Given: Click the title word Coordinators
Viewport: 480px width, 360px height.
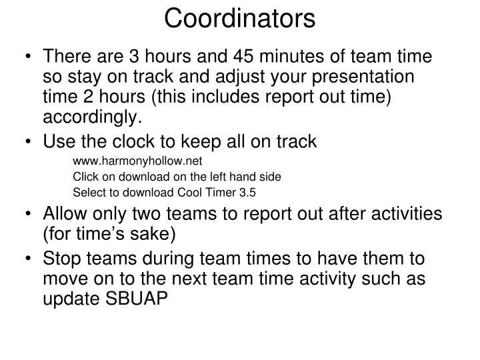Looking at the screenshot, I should (240, 18).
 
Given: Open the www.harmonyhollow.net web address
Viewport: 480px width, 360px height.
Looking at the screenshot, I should (137, 161).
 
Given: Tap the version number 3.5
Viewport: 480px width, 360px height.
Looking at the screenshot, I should (247, 193).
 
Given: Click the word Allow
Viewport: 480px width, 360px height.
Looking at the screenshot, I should (63, 215).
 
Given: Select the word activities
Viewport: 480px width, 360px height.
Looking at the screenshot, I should (409, 215).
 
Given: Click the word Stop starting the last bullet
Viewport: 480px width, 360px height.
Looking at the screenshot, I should (61, 259).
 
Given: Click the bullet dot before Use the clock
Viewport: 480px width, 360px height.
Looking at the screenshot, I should (31, 142).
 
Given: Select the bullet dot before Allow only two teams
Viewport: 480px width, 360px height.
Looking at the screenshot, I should (31, 215).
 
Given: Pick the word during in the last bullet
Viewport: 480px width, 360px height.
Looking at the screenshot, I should (175, 259).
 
